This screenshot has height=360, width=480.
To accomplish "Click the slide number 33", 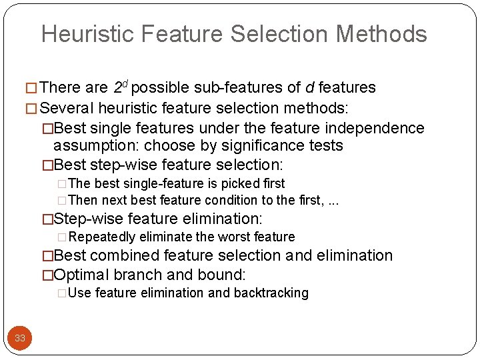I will point(20,338).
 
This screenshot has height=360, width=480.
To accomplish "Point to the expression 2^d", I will point(122,87).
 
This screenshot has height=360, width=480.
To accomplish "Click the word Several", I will point(67,108).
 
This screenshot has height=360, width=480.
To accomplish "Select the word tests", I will point(327,145).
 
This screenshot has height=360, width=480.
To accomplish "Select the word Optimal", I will point(81,275).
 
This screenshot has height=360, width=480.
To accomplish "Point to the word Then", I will point(81,200).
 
